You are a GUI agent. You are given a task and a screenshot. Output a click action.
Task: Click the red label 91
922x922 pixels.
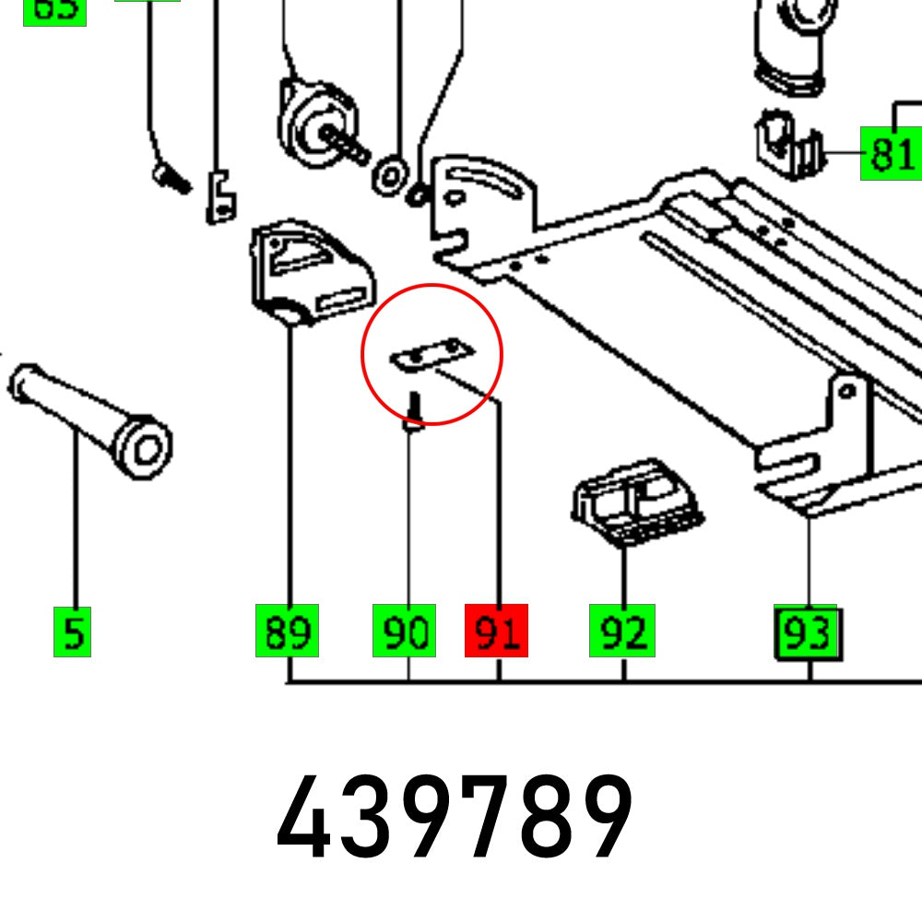[496, 631]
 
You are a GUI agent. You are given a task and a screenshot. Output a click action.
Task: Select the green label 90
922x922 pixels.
[404, 631]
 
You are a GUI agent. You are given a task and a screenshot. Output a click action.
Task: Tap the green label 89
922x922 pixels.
[287, 631]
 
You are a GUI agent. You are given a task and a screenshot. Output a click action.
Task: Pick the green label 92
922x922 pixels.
[622, 631]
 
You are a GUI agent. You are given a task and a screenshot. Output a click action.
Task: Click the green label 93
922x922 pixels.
[807, 632]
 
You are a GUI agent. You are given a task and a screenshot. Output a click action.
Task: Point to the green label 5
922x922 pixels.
[73, 632]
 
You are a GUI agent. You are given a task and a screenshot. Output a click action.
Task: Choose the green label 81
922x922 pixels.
[891, 153]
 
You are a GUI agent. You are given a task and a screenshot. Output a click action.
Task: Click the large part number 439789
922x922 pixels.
[455, 817]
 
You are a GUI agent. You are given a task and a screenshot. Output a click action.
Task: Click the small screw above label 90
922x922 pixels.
[414, 410]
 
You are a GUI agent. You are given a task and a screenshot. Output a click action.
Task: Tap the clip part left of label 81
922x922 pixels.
[789, 148]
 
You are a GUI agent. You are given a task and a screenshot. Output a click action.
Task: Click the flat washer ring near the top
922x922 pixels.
[391, 174]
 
